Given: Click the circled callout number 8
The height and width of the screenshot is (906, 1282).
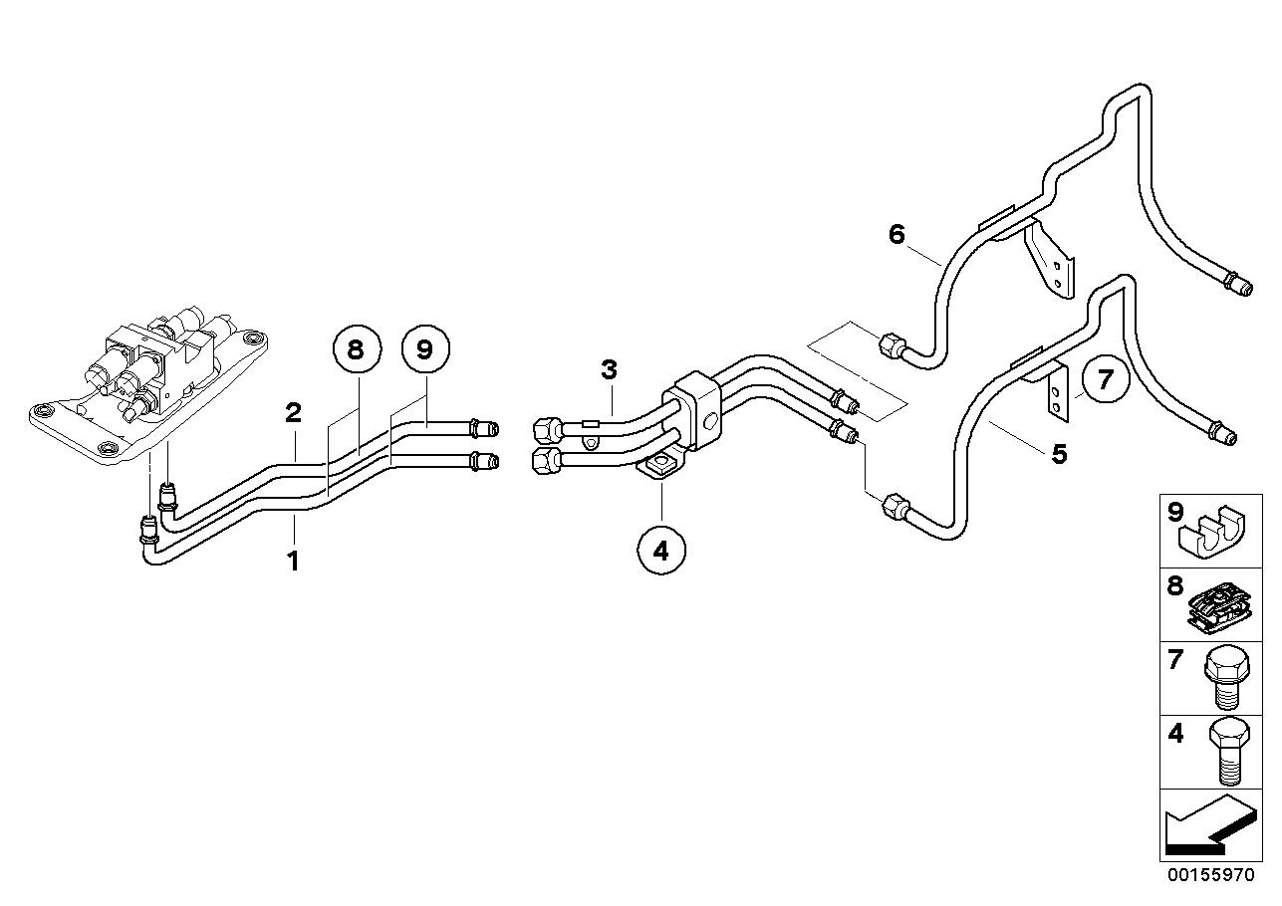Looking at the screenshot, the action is point(357,348).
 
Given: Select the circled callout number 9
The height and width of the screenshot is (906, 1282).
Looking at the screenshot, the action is point(425,348).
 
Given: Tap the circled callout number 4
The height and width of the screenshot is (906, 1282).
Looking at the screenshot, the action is point(661,551).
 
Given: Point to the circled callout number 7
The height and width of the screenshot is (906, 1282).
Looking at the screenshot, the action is point(1105,379).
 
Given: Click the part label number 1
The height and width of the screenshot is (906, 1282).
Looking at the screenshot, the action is point(294,562).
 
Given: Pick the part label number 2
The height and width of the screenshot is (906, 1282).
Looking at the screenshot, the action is point(294,412).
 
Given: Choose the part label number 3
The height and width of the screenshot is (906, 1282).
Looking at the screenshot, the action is point(609,370).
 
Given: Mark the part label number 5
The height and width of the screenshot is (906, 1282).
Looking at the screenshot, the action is point(1059,454).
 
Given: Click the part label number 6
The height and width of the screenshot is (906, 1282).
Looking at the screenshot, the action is point(897,234).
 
